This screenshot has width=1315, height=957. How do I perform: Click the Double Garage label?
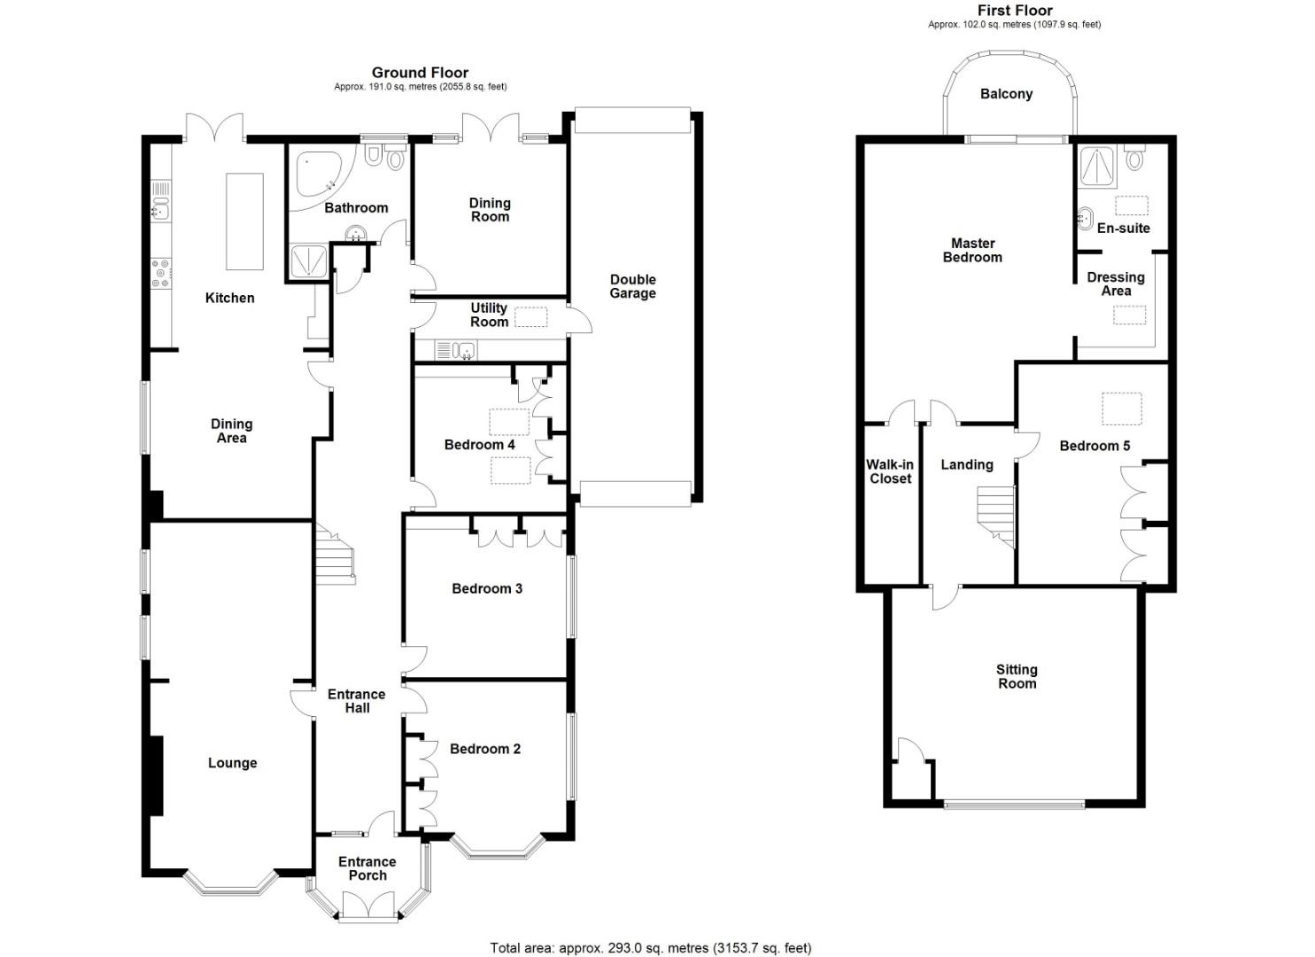[632, 286]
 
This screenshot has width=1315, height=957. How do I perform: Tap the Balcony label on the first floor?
[1006, 94]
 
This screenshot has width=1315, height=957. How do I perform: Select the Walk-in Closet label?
[890, 471]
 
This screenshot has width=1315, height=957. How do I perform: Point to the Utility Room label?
[489, 315]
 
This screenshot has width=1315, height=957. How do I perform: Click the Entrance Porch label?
[367, 868]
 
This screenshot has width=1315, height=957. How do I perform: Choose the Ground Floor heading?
[420, 73]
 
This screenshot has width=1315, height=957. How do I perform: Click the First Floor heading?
[1015, 11]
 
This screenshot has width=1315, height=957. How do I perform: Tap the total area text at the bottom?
[651, 948]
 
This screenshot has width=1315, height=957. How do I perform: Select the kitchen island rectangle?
[244, 222]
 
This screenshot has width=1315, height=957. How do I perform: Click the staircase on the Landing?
[995, 516]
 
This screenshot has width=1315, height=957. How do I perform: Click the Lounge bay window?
[231, 884]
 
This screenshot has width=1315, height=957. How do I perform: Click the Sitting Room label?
[1017, 677]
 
